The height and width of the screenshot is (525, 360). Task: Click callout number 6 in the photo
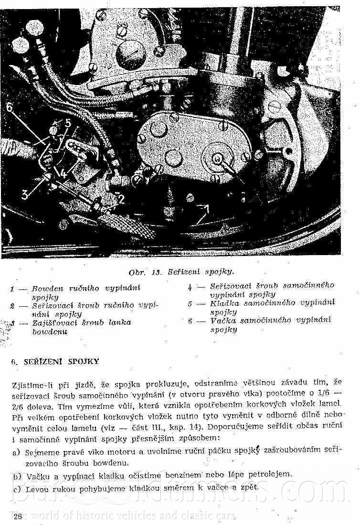(10, 108)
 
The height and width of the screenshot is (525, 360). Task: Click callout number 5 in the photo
(67, 124)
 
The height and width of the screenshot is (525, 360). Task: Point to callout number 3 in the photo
(25, 193)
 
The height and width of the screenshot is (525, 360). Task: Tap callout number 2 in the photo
(121, 199)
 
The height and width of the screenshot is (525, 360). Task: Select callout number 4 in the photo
(63, 173)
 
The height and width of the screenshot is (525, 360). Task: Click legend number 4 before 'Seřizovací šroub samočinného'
(190, 287)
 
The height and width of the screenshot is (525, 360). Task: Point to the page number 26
(18, 516)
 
